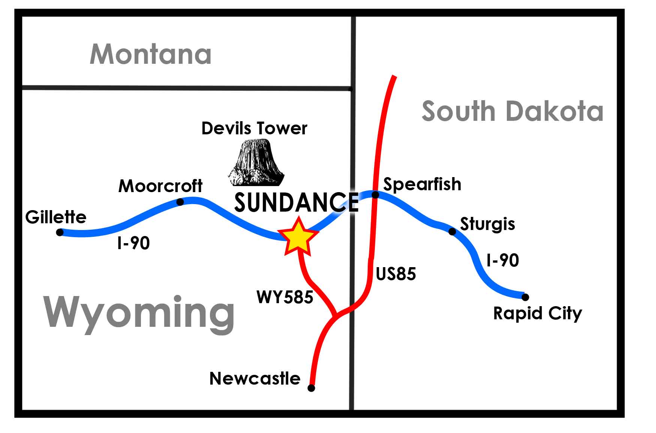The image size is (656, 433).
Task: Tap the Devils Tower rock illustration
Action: (x=256, y=163)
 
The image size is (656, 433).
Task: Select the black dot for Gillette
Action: (x=60, y=232)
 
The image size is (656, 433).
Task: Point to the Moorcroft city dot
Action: (x=180, y=202)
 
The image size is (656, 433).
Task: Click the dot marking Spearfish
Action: (x=375, y=194)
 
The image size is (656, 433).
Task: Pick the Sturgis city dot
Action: (x=452, y=232)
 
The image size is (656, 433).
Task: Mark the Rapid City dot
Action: (x=525, y=297)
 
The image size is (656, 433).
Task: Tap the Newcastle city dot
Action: (x=311, y=388)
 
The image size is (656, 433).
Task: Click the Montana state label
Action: (x=150, y=54)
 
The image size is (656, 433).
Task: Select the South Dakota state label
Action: (x=512, y=111)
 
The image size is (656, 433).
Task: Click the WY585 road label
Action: (x=285, y=297)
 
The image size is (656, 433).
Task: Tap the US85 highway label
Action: (x=395, y=274)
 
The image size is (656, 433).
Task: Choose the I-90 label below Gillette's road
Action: (x=133, y=243)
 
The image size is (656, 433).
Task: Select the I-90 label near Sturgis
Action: (x=502, y=260)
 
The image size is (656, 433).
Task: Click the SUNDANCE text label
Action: (x=296, y=203)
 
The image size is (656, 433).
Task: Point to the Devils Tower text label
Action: (x=254, y=128)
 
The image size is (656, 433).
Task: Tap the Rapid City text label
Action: (x=537, y=314)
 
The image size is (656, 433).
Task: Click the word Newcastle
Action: (x=255, y=379)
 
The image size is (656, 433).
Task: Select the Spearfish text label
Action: (x=422, y=184)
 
